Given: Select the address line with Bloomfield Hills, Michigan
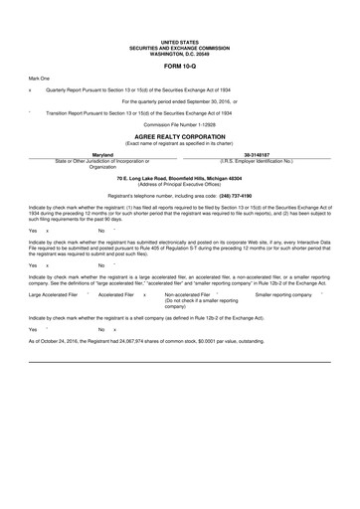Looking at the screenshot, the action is click(180, 177).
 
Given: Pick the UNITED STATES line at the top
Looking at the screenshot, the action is click(180, 40).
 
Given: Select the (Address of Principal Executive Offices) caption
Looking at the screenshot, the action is click(180, 184).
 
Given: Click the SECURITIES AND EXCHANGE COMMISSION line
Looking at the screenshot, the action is click(180, 45).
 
